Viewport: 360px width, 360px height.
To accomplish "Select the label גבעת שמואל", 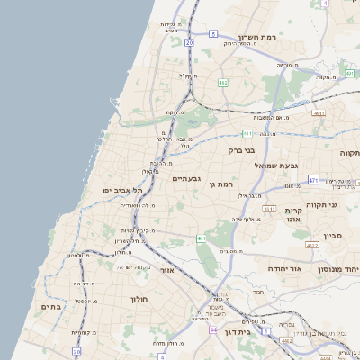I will [275, 166].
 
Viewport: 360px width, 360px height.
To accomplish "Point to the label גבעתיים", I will [186, 178].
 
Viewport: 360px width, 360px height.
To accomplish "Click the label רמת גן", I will [219, 184].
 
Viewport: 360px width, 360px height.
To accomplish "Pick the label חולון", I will [139, 298].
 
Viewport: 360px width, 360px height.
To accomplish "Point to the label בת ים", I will [49, 307].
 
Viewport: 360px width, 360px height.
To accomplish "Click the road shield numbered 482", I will [222, 82].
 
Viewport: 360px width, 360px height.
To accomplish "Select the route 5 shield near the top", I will [213, 32].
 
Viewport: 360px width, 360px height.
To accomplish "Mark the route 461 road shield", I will [201, 238].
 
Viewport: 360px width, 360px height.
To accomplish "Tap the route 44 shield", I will [212, 330].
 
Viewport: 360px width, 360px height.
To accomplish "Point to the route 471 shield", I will [312, 180].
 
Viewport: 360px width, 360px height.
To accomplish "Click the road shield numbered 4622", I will [312, 245].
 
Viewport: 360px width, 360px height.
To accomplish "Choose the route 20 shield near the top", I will [189, 42].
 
